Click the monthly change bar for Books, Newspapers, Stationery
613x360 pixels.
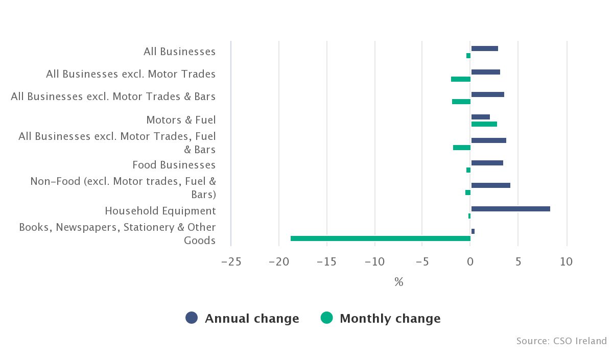pos(381,238)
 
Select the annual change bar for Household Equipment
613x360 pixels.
pos(510,209)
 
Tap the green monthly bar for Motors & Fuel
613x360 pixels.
pos(484,124)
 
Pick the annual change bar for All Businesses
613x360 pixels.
pos(484,49)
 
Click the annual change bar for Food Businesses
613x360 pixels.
pos(487,163)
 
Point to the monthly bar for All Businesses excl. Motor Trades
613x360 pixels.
pos(461,79)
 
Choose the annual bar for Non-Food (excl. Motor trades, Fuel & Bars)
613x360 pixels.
pos(490,185)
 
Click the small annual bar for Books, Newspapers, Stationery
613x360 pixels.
pos(473,231)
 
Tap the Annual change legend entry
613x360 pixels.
pos(243,319)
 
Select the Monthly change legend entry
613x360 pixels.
pos(381,319)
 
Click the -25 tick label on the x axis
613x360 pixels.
pos(231,262)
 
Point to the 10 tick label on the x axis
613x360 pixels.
pos(566,262)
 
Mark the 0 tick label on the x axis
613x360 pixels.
pos(470,262)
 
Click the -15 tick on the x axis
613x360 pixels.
pos(326,262)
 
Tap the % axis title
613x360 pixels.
pos(398,282)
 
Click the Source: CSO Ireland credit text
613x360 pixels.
pos(561,341)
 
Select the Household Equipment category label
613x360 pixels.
pos(160,211)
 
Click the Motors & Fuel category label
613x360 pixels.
pos(181,120)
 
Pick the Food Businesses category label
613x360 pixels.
pos(174,165)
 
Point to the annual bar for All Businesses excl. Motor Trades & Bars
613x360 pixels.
pos(487,94)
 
